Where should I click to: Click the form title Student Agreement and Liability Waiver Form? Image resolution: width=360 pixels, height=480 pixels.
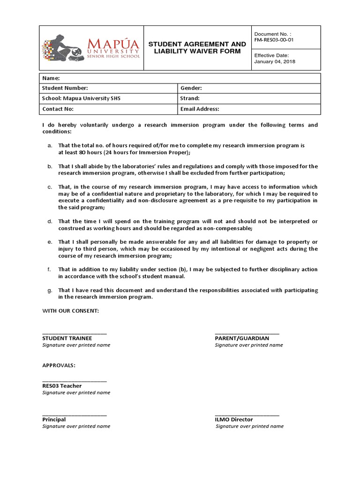coord(197,47)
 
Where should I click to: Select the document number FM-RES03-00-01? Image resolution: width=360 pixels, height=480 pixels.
coord(274,40)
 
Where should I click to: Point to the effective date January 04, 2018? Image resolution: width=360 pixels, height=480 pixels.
coord(275,61)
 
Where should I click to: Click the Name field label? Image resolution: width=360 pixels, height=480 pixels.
coord(51,78)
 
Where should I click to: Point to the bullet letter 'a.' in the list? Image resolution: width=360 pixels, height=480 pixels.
coord(50,146)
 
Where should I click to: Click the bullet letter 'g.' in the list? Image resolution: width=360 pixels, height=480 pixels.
coord(50,290)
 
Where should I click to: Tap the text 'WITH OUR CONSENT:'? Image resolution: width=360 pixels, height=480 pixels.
coord(70,311)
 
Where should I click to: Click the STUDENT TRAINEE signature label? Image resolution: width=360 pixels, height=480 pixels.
coord(67,338)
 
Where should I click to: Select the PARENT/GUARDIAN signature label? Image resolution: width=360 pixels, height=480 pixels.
coord(242,338)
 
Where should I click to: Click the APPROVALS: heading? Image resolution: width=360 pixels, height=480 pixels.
coord(59,365)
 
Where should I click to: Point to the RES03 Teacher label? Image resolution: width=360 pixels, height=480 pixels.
coord(62,386)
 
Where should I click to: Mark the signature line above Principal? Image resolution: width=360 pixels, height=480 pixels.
coord(75,414)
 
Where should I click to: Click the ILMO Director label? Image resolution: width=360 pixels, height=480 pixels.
coord(233,420)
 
